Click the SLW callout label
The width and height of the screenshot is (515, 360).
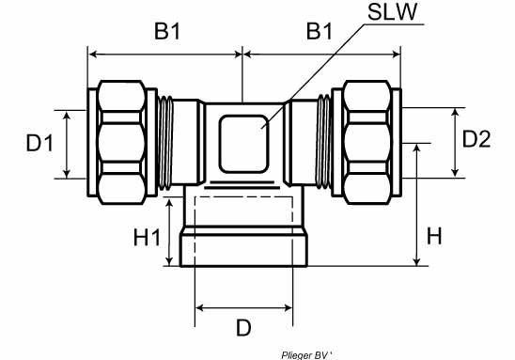pos(392,11)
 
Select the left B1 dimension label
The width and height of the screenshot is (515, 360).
pos(167,32)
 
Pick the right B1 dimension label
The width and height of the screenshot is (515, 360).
pos(320,32)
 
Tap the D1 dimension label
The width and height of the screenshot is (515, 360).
pos(39,144)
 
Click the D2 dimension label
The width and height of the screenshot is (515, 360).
pos(476,139)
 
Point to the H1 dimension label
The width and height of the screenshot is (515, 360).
pos(147,238)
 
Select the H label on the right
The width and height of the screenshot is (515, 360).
pos(434,236)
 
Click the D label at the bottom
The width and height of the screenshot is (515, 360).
pos(243,327)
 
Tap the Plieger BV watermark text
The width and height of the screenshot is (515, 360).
pos(306,355)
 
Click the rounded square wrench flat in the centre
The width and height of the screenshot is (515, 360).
pos(243,144)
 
